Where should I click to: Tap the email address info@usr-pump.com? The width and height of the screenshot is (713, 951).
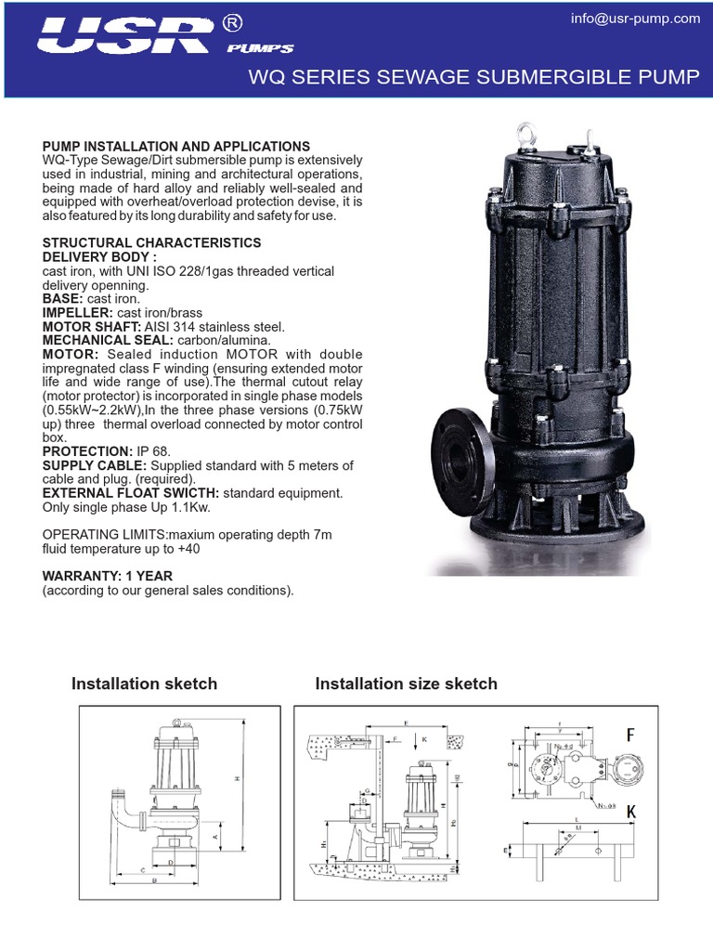tap(635, 19)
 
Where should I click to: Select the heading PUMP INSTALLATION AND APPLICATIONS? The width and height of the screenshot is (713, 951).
tap(176, 147)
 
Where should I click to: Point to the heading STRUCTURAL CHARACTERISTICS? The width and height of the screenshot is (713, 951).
tap(152, 242)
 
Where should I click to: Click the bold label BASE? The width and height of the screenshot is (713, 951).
tap(63, 299)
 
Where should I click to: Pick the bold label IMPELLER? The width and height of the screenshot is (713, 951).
tap(78, 313)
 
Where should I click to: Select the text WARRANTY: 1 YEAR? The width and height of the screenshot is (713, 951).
tap(108, 576)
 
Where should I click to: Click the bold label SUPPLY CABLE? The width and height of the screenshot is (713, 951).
tap(96, 465)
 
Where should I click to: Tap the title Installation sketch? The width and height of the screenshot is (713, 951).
tap(145, 684)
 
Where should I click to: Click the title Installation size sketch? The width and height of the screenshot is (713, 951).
tap(407, 684)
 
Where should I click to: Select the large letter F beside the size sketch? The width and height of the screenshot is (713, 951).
tap(631, 736)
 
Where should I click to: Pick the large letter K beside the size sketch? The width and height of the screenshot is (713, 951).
tap(631, 812)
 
